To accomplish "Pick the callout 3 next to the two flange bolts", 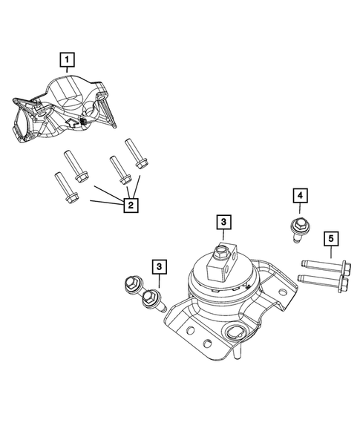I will (160, 266).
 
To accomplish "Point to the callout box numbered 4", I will (300, 196).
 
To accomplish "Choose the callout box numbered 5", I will (331, 238).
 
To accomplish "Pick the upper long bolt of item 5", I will (319, 265).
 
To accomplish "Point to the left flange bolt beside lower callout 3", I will (134, 285).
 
